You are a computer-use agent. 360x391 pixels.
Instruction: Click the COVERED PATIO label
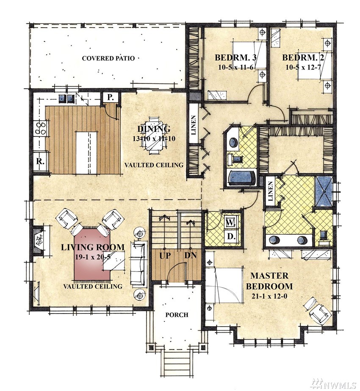[x=108, y=58]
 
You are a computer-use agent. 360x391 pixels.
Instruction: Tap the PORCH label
[x=177, y=315]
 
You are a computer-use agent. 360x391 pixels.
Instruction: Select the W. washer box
[x=230, y=222]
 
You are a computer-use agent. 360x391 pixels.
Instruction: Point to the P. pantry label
[x=110, y=97]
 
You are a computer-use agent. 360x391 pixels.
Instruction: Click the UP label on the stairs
[x=165, y=255]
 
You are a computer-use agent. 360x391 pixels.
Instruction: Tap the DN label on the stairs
[x=190, y=255]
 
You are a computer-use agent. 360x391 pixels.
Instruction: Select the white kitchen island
[x=86, y=153]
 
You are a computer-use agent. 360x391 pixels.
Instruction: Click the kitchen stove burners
[x=40, y=128]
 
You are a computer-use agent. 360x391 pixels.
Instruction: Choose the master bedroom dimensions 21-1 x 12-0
[x=269, y=297]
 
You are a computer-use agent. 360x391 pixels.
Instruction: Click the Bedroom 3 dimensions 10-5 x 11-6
[x=236, y=67]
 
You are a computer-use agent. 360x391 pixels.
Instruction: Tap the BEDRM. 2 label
[x=303, y=58]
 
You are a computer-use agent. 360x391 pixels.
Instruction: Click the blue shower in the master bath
[x=324, y=191]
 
